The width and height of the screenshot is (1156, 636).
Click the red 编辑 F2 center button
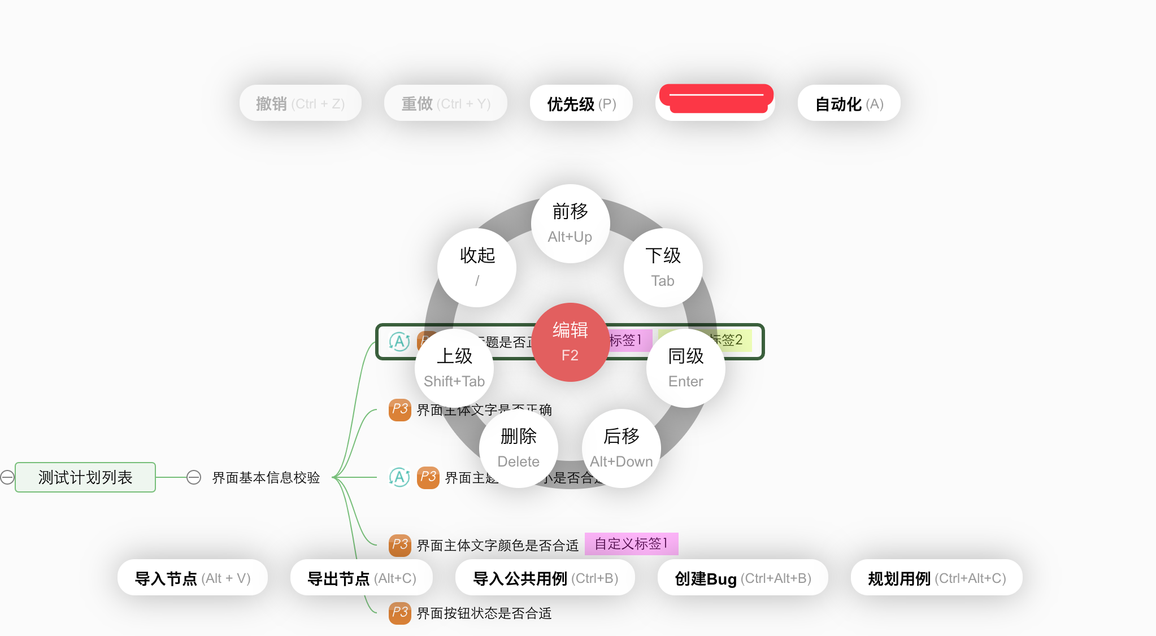tap(570, 342)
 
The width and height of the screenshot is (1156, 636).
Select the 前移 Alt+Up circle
tap(570, 224)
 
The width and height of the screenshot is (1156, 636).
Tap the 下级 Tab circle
tap(663, 268)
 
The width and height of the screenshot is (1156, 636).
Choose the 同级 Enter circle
tap(685, 368)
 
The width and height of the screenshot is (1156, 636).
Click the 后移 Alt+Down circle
tap(621, 448)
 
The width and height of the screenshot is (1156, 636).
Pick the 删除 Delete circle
tap(518, 448)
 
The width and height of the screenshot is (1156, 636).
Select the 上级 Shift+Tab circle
tap(454, 368)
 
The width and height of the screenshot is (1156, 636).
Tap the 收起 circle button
tap(477, 268)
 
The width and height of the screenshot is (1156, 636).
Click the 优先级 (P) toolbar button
tap(581, 103)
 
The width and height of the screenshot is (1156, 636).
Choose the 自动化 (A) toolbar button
tap(849, 103)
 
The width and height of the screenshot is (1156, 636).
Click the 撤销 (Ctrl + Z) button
tap(300, 103)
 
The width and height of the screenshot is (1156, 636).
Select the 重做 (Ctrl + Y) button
tap(445, 103)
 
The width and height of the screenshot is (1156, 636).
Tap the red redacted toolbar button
tap(715, 102)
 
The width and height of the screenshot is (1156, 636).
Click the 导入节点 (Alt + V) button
tap(192, 578)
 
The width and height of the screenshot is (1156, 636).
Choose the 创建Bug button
tap(742, 578)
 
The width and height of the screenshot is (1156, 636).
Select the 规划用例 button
tap(936, 578)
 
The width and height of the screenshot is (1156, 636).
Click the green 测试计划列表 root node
tap(85, 477)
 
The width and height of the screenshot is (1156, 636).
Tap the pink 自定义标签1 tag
tap(631, 544)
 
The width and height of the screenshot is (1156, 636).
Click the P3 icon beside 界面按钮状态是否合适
tap(399, 613)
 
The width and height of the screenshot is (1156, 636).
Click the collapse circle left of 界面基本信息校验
tap(194, 477)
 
